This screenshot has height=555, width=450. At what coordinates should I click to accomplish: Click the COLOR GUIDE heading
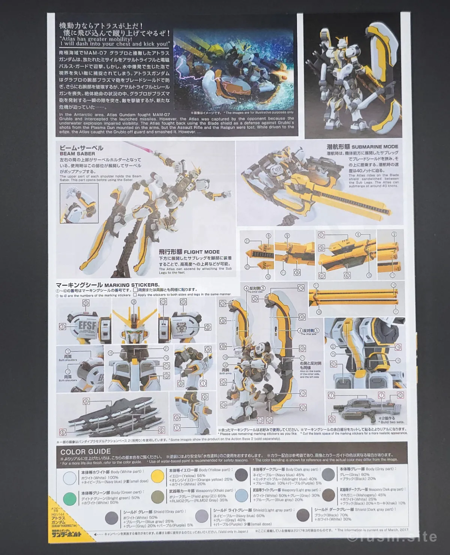85,451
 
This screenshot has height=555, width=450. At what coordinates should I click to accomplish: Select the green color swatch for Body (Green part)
69,498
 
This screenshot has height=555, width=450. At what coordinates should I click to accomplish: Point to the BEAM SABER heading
77,153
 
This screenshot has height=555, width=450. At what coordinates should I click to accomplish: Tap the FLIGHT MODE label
202,252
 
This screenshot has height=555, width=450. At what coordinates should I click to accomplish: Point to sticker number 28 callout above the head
134,301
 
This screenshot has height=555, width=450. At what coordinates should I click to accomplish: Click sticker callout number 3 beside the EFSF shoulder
62,327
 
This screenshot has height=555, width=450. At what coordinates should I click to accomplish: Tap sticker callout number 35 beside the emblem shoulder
208,327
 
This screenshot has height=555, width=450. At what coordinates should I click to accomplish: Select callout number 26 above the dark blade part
86,402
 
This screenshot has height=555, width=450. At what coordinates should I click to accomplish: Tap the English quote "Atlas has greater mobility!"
96,39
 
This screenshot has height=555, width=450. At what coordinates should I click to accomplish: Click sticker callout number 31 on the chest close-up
166,366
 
